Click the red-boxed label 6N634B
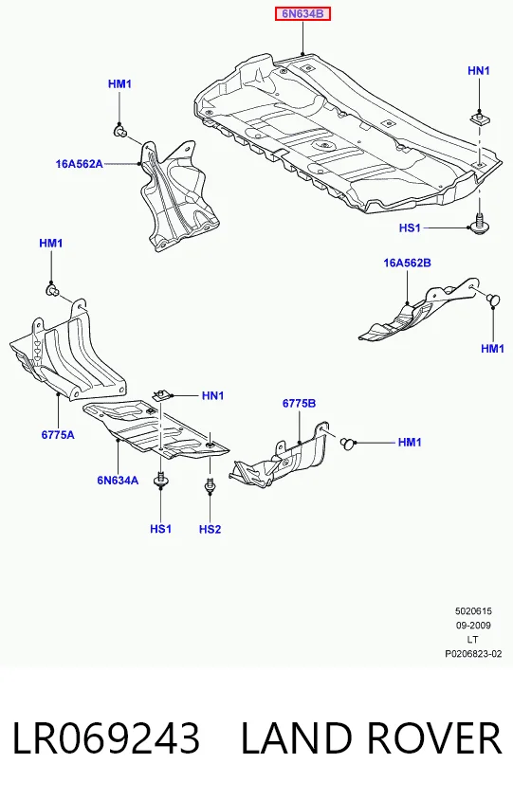[x=303, y=14]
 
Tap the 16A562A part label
[x=79, y=164]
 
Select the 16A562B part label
[x=408, y=263]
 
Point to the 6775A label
[x=58, y=435]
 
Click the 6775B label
[x=299, y=403]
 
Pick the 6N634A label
[x=118, y=481]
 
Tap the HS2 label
[x=210, y=529]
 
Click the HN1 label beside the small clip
[x=212, y=395]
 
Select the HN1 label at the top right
[x=479, y=71]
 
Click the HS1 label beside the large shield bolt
[x=410, y=227]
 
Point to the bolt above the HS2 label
[x=210, y=484]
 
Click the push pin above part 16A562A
[x=120, y=133]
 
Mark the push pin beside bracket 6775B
[x=348, y=443]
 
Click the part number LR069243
[x=105, y=737]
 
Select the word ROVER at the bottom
[x=433, y=737]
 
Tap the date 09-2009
[x=473, y=625]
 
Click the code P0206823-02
[x=473, y=654]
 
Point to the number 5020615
[x=473, y=610]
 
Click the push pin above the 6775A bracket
[x=52, y=291]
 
